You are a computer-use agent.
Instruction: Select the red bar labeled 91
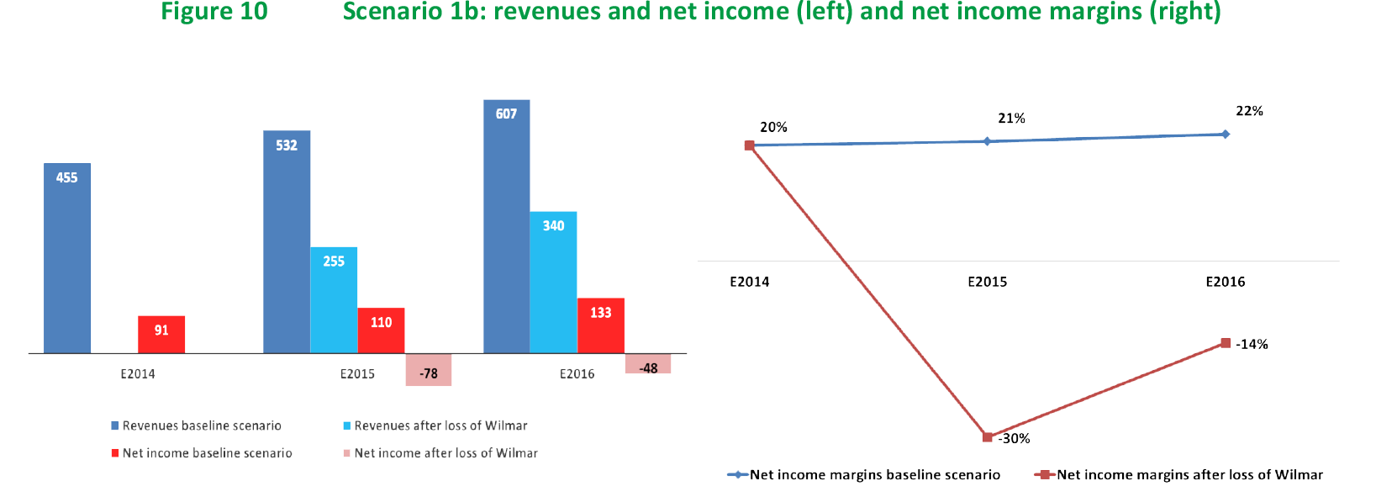pos(161,334)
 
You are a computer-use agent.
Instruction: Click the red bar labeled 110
pos(381,330)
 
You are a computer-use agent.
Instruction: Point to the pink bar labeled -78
pos(429,370)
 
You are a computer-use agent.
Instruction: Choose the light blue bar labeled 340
pos(553,282)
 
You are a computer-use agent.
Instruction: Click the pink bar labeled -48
pos(648,364)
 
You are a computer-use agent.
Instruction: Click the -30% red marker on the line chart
pos(988,437)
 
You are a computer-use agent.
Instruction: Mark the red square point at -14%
pos(1226,343)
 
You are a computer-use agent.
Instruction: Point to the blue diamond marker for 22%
pos(1226,134)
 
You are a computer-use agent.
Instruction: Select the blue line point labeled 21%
pos(988,141)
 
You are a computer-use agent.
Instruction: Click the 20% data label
pos(773,127)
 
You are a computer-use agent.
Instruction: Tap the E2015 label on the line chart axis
pos(987,282)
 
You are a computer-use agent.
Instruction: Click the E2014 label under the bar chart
pos(138,374)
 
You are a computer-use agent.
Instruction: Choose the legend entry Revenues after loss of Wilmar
pos(440,425)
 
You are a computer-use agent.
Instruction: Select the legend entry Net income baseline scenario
pos(207,453)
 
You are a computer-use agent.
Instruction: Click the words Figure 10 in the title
pos(214,12)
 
